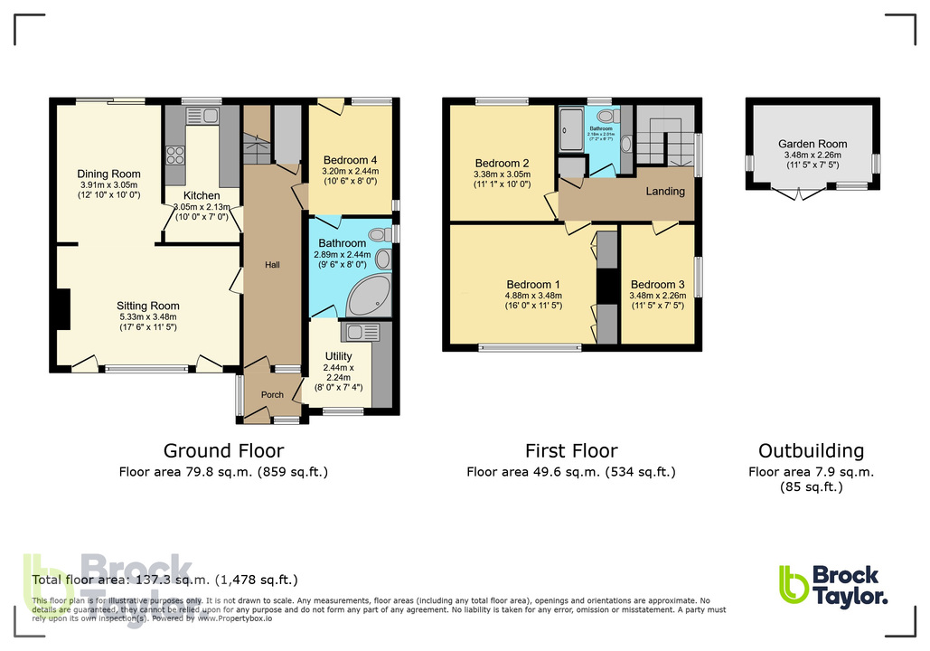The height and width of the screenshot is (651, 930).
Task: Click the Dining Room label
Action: pyautogui.click(x=108, y=174)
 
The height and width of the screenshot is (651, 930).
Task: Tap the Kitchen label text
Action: pyautogui.click(x=202, y=195)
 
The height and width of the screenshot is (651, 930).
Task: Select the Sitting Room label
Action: pyautogui.click(x=148, y=306)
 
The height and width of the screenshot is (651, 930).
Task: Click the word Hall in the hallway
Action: pyautogui.click(x=272, y=265)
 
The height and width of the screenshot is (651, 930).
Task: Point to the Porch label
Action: pyautogui.click(x=272, y=394)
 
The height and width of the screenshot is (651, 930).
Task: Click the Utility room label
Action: pyautogui.click(x=339, y=356)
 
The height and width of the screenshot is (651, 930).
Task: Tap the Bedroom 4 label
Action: pyautogui.click(x=348, y=160)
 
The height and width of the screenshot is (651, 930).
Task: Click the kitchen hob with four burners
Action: pyautogui.click(x=174, y=155)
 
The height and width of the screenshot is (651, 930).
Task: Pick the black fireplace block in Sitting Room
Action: pyautogui.click(x=61, y=308)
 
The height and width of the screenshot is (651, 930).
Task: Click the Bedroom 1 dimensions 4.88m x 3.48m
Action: pyautogui.click(x=534, y=296)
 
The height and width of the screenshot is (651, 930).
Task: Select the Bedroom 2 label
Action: pyautogui.click(x=501, y=164)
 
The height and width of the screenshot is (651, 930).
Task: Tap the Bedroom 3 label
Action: pyautogui.click(x=657, y=284)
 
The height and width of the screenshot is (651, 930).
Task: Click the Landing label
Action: pyautogui.click(x=664, y=192)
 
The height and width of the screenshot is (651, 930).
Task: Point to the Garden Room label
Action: pyautogui.click(x=813, y=144)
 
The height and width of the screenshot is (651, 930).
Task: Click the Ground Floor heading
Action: pyautogui.click(x=223, y=450)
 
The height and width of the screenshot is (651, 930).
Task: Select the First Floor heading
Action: pyautogui.click(x=571, y=450)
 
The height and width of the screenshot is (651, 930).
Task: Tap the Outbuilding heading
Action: pyautogui.click(x=811, y=450)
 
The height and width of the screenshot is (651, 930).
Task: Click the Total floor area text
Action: pyautogui.click(x=164, y=580)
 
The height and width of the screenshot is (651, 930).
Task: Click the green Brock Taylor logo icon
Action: pyautogui.click(x=793, y=584)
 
